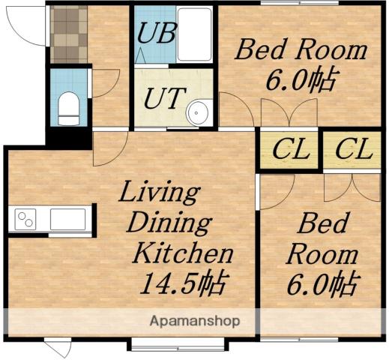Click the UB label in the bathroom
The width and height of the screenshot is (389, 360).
pyautogui.click(x=157, y=32)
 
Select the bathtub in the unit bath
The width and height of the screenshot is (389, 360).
pyautogui.click(x=194, y=34)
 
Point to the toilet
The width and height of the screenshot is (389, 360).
pyautogui.click(x=68, y=108)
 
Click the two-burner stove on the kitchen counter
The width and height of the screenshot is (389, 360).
pyautogui.click(x=25, y=219)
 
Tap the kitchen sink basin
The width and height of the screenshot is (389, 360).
pyautogui.click(x=67, y=219)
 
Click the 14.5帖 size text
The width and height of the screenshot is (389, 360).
pyautogui.click(x=184, y=283)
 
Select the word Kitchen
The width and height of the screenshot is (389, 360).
pyautogui.click(x=183, y=253)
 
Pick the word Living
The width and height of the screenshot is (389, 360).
pyautogui.click(x=160, y=192)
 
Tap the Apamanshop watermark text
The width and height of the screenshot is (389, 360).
pyautogui.click(x=195, y=321)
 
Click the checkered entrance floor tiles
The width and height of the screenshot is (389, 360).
pyautogui.click(x=69, y=34)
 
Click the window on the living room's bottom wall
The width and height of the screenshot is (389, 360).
pyautogui.click(x=178, y=344)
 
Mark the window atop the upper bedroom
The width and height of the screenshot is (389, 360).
pyautogui.click(x=300, y=3)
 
